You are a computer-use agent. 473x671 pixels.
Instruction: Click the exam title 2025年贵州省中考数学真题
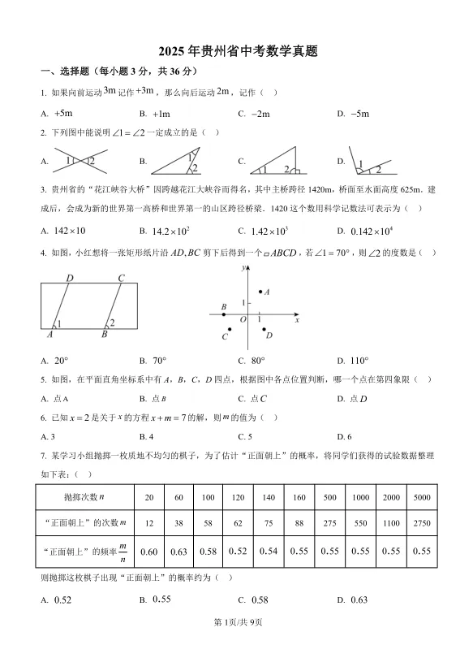pos(236,50)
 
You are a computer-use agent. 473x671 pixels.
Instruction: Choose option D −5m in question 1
pos(359,114)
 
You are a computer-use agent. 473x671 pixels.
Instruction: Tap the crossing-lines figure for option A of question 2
pos(80,161)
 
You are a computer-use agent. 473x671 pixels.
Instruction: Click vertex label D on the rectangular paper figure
pos(70,279)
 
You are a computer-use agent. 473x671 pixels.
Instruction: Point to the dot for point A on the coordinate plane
pos(260,292)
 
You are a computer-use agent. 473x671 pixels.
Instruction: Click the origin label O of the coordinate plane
pos(242,320)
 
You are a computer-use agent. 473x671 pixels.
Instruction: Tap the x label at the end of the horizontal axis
pos(298,321)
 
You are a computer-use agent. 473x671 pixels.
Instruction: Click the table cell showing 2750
pos(421,523)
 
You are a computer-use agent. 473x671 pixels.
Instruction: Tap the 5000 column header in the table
pos(421,496)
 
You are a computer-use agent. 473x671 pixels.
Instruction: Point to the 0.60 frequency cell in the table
pos(148,552)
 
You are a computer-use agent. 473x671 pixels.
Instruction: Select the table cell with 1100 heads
pos(391,523)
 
